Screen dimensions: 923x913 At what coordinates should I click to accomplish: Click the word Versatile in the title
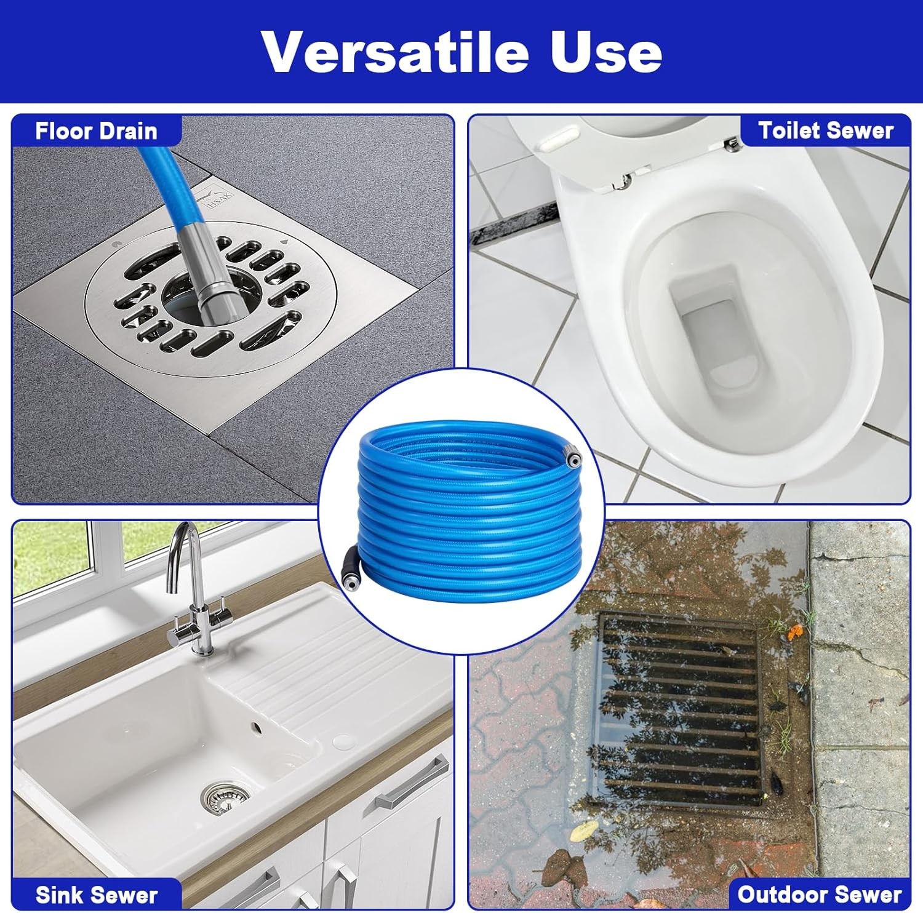pos(395,51)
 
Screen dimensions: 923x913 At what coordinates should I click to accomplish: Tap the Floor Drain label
pos(96,131)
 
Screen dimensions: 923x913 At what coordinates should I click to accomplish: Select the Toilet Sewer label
pos(826,130)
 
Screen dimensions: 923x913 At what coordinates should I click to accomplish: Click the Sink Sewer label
pos(97,895)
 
